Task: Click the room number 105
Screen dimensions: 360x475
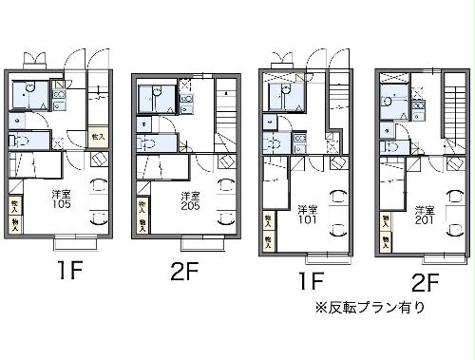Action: [x=61, y=202]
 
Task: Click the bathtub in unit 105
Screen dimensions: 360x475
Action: [x=27, y=94]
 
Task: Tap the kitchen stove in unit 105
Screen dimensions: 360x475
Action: [x=59, y=94]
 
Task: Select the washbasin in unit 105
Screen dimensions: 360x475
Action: [x=21, y=122]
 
